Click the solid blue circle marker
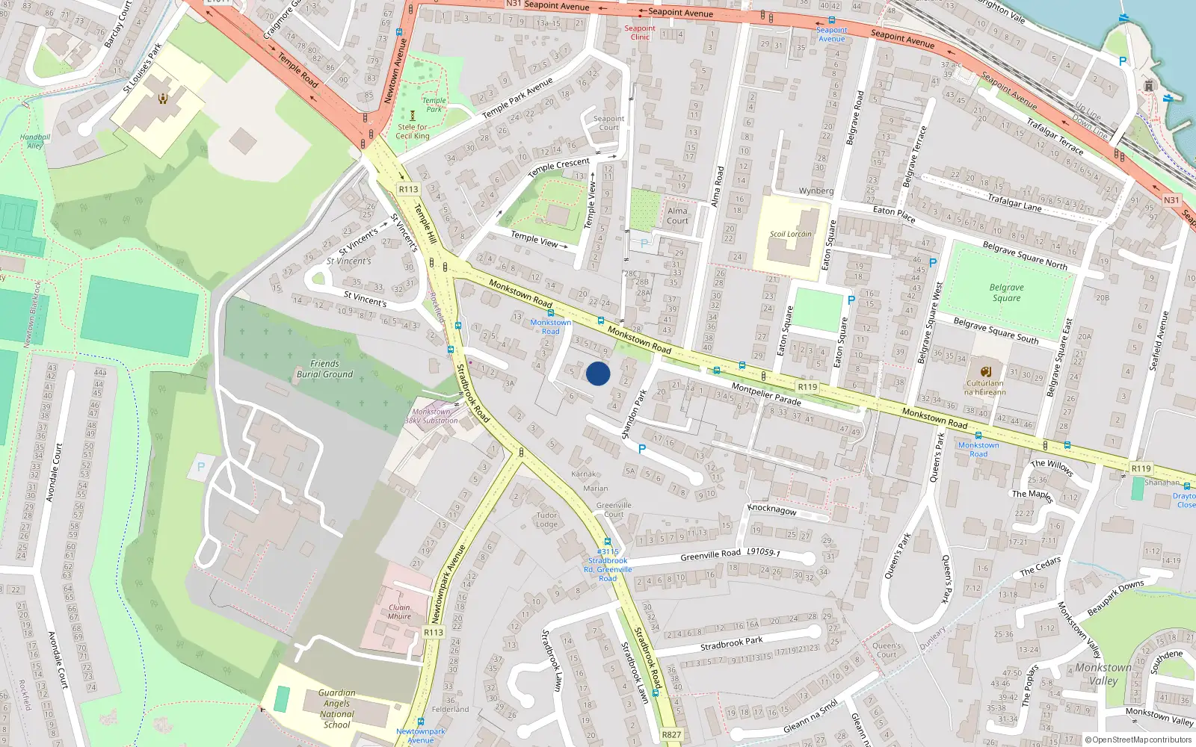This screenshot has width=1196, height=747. (x=598, y=373)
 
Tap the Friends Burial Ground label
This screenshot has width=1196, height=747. (x=324, y=369)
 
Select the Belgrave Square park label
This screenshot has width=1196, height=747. (x=1006, y=293)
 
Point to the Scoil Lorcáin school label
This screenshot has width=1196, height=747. (x=790, y=234)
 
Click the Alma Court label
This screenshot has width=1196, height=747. (x=677, y=216)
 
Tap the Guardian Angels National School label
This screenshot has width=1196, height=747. (x=336, y=709)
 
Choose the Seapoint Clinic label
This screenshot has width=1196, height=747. (x=640, y=33)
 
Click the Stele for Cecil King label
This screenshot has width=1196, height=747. (x=413, y=131)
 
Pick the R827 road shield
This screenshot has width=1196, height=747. (x=671, y=735)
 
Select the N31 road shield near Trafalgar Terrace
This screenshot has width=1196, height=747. (x=1171, y=200)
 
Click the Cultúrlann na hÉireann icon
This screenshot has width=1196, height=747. (x=985, y=371)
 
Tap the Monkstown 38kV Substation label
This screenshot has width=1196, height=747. (x=431, y=416)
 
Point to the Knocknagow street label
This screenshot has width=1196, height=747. (x=771, y=509)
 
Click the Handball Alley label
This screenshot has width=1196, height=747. (x=35, y=141)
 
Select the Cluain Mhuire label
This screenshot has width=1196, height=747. (x=399, y=612)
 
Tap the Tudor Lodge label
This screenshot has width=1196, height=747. (x=546, y=519)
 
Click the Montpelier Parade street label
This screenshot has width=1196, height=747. (x=766, y=394)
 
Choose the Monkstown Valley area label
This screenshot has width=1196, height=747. (x=1103, y=674)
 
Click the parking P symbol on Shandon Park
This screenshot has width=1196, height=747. (x=641, y=449)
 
